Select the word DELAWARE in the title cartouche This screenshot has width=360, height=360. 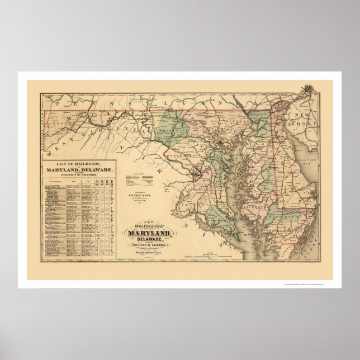click(x=150, y=239)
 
